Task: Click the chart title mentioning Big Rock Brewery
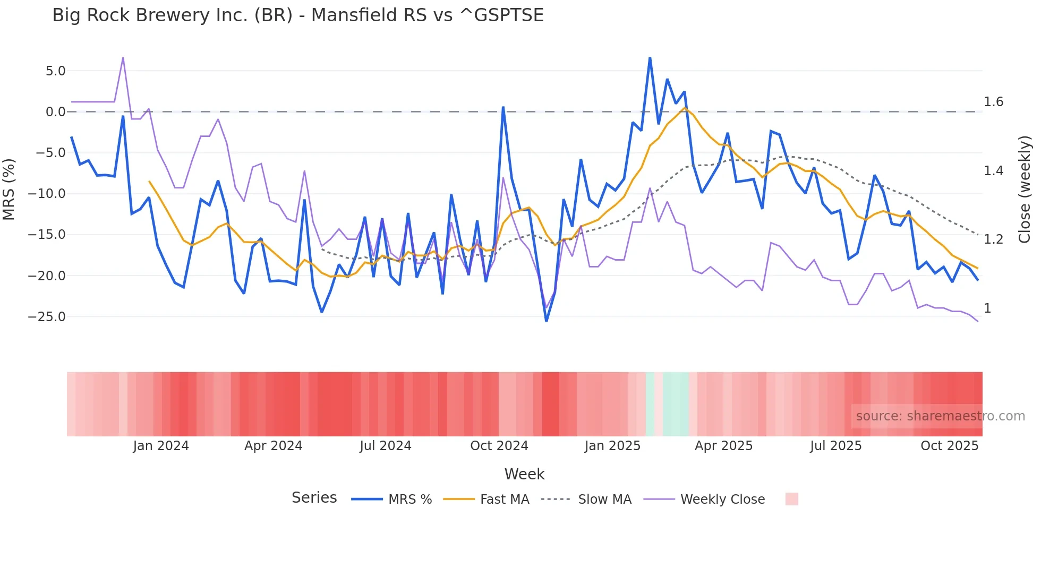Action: coord(297,15)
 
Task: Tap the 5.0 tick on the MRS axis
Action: coord(55,71)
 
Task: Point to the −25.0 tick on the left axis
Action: coord(47,317)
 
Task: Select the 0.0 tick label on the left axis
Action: coord(55,112)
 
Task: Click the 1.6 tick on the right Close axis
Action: coord(993,102)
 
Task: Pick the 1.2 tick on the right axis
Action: coord(993,239)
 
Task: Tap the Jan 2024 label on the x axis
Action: coord(161,446)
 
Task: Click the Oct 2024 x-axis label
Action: coord(499,446)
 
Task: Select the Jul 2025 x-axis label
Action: coord(835,446)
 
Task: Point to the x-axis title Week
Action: coord(524,474)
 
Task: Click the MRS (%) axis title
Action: coord(9,189)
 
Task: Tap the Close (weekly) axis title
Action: coord(1025,190)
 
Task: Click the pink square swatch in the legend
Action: coord(791,499)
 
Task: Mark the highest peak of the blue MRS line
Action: coord(650,58)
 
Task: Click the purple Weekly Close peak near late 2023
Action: coord(123,58)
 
